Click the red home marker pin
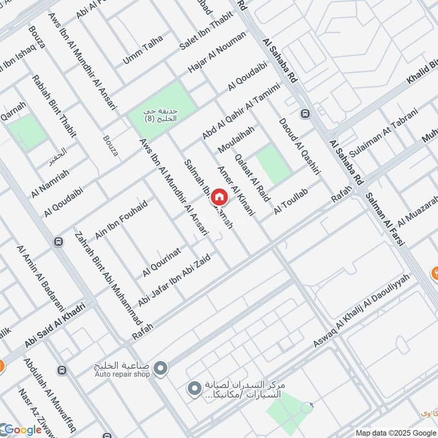(219, 197)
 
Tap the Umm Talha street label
(143, 49)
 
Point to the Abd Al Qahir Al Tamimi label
(241, 111)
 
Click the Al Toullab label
(293, 201)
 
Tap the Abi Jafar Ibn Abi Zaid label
(175, 280)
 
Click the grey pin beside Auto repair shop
(160, 369)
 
